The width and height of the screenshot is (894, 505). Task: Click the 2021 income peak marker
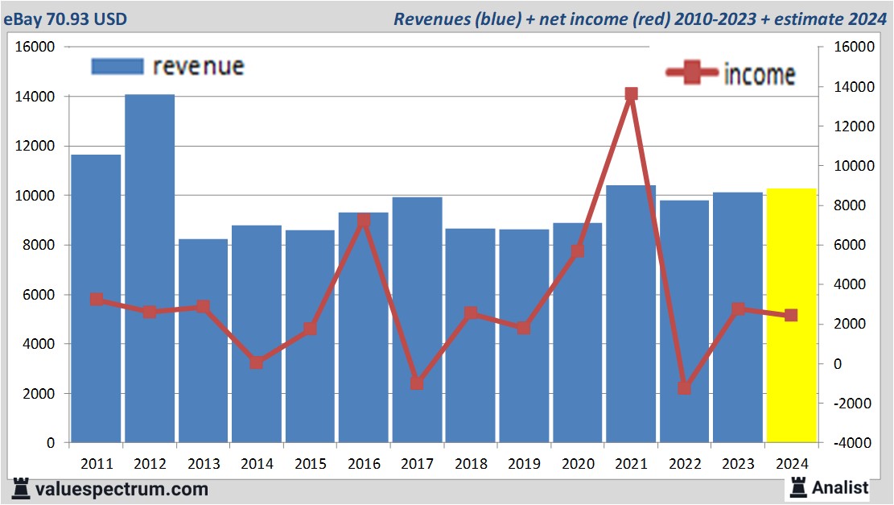click(x=631, y=94)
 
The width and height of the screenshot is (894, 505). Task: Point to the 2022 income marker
click(x=684, y=387)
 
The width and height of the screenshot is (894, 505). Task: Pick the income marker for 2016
click(x=363, y=220)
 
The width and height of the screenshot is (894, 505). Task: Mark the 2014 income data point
click(x=256, y=362)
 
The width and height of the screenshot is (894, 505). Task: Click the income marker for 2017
click(x=416, y=383)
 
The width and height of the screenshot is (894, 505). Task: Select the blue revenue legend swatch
click(x=117, y=66)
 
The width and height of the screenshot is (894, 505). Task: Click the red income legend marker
click(x=692, y=73)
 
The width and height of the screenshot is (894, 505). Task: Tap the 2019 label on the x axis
click(x=523, y=465)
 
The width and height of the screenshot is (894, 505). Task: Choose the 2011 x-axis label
click(x=96, y=465)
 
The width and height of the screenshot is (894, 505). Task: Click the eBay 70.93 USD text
click(x=65, y=19)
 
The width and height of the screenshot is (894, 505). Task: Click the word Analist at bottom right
click(x=840, y=487)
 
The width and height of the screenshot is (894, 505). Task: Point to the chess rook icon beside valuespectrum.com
click(x=22, y=488)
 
